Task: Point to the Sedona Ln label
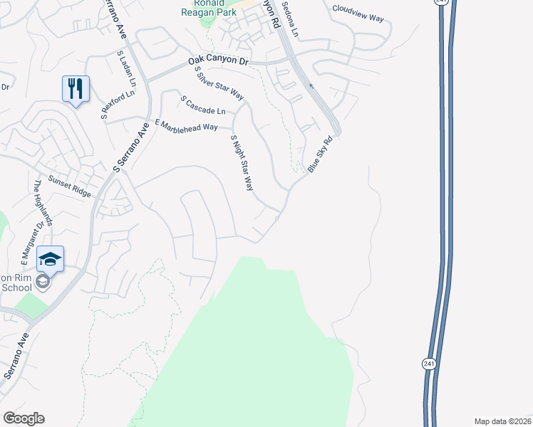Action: click(x=292, y=23)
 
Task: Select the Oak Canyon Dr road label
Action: click(x=218, y=63)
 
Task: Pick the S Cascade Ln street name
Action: click(x=203, y=105)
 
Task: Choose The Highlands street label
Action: click(x=44, y=203)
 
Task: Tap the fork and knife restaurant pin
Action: click(x=76, y=89)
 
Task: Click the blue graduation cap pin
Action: click(x=50, y=258)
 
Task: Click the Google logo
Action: click(x=24, y=418)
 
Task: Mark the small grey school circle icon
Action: click(x=43, y=283)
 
